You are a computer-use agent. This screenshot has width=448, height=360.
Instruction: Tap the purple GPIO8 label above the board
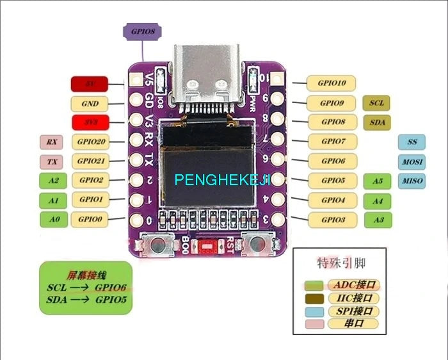[142, 31]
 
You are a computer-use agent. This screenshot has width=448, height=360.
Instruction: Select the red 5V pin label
[90, 83]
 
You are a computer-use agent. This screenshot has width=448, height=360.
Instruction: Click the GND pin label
[90, 102]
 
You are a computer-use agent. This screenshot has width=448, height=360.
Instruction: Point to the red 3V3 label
[90, 122]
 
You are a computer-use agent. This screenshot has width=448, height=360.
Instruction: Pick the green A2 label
[53, 181]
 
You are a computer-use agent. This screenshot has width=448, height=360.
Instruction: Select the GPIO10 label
[332, 83]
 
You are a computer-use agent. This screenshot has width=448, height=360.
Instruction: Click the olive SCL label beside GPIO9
[376, 102]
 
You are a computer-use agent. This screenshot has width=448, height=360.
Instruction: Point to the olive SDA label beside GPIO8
[376, 122]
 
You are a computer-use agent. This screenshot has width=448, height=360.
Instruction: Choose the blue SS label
[412, 142]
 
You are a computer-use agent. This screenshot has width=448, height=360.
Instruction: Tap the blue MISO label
[412, 181]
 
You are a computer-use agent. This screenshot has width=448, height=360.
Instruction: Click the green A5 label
[378, 181]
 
